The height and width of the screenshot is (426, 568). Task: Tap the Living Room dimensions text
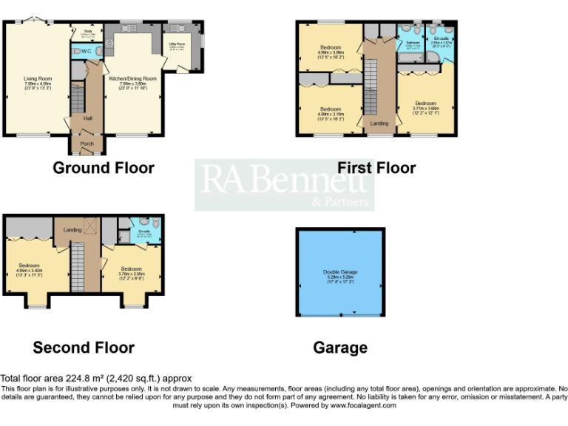38,86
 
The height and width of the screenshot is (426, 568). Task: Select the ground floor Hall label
87,118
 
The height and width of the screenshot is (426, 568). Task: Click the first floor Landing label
379,124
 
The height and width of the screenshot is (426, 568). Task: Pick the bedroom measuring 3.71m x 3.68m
425,103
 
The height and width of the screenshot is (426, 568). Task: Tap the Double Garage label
339,272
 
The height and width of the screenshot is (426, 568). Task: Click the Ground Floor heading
104,168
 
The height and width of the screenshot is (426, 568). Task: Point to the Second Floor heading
84,348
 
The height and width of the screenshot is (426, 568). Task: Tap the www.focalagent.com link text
363,405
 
